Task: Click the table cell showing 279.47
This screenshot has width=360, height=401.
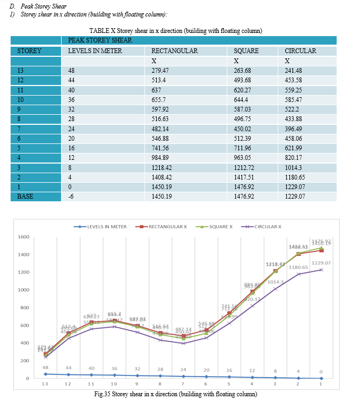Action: click(x=159, y=70)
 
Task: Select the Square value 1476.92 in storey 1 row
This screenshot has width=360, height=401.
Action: click(x=245, y=187)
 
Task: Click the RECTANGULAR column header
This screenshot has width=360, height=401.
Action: click(x=174, y=51)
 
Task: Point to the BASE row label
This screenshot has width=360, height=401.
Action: click(x=25, y=197)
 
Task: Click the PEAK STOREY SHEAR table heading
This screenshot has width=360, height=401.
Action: click(x=100, y=40)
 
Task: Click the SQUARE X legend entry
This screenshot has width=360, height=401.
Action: click(x=217, y=226)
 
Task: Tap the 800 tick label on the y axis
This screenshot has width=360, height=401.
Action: click(x=24, y=308)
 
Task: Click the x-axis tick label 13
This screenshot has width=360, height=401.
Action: click(x=45, y=383)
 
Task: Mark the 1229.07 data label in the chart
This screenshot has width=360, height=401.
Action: click(x=321, y=263)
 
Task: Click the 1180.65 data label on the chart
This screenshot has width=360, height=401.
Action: click(x=298, y=267)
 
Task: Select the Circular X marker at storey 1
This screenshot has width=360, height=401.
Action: click(x=321, y=270)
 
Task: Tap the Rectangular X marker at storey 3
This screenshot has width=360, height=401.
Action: click(x=275, y=271)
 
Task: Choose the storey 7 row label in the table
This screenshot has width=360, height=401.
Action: click(x=19, y=129)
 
